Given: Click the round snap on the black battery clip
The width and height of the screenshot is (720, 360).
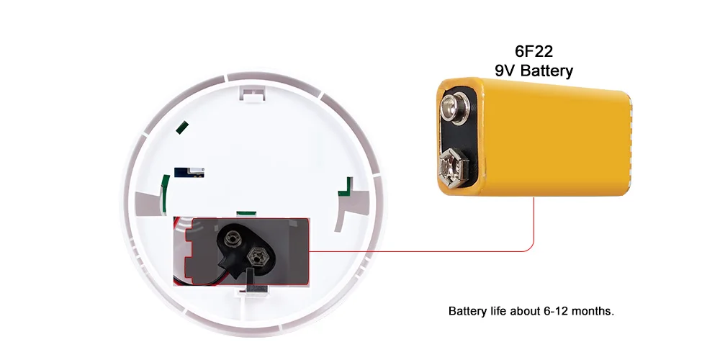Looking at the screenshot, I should tap(231, 237).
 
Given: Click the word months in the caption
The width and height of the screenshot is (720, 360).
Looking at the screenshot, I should tap(590, 312).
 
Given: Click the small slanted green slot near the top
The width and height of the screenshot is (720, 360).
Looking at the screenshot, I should tap(183, 128).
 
